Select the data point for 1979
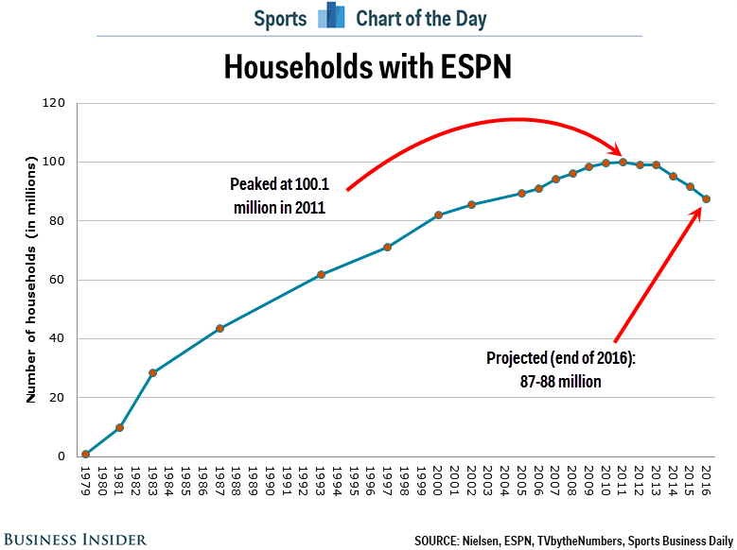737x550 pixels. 86,455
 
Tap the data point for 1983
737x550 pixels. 153,372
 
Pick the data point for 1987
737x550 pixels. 219,329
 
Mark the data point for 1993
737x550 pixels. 321,274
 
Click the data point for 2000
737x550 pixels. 438,215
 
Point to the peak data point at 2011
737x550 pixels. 623,162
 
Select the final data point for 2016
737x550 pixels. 707,198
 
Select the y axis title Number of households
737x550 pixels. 30,280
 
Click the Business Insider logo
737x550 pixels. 74,539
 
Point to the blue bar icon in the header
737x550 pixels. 331,17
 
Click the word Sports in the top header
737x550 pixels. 280,18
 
